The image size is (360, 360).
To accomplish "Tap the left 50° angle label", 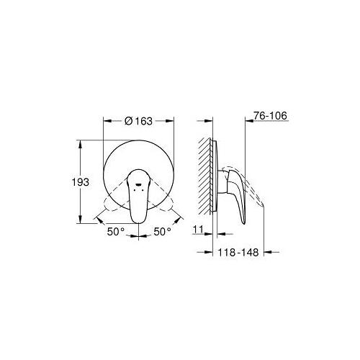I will click(117, 232).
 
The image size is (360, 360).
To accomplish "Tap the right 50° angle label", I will click(163, 232).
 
